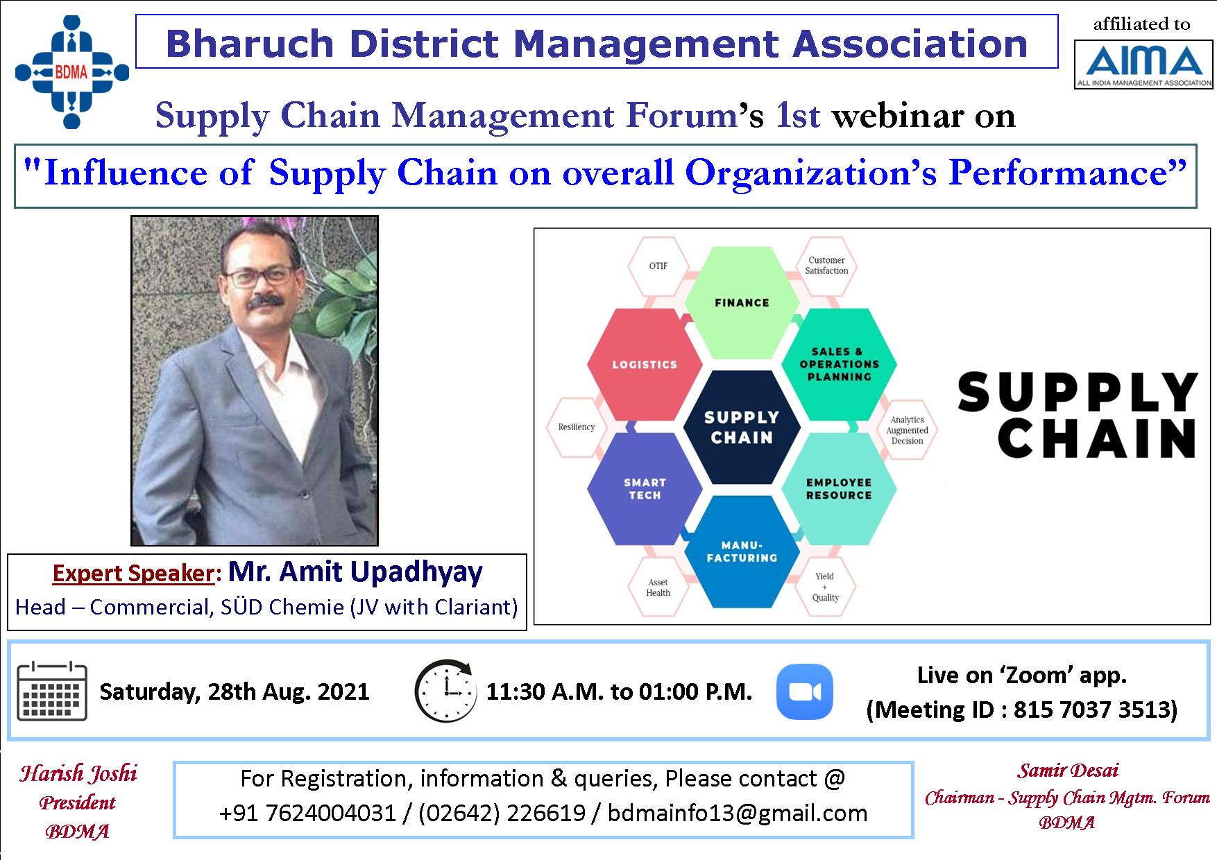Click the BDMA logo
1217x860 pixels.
(72, 71)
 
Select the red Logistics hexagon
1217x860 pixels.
(644, 365)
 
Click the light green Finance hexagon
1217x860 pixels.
(742, 302)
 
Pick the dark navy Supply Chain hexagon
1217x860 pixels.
(742, 427)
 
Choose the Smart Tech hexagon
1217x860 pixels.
(644, 489)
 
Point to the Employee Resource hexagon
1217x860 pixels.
(839, 489)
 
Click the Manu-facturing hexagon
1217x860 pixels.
(742, 551)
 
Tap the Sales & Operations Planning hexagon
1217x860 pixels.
(839, 364)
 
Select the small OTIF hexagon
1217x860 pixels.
(658, 266)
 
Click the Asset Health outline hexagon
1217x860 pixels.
(658, 587)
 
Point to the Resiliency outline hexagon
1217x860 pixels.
(577, 427)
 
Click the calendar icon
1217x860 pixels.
(51, 691)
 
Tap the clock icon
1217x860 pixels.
(445, 691)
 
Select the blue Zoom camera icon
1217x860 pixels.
(804, 691)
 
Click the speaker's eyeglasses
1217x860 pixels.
(259, 277)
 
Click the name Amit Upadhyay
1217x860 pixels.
(355, 572)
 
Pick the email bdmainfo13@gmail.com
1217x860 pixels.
(738, 813)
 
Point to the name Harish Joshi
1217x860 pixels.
(78, 773)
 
